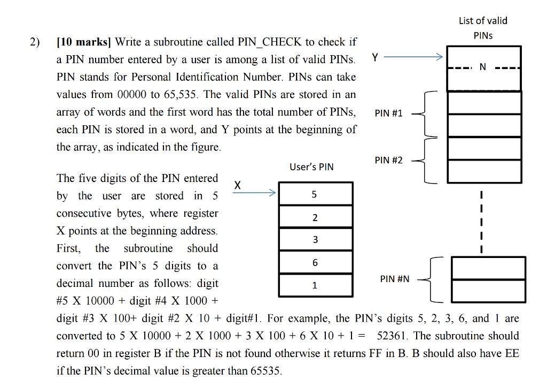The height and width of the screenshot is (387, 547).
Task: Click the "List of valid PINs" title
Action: (483, 28)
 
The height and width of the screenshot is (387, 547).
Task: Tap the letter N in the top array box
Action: (483, 67)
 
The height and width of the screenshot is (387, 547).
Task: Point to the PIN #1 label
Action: (389, 113)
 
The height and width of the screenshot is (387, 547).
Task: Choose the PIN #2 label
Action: (389, 160)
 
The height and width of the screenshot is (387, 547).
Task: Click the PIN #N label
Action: (395, 279)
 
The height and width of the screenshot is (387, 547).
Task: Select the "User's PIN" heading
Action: (311, 167)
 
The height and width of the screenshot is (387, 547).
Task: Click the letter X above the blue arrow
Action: (238, 185)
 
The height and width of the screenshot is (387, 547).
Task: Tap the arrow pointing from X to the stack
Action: (255, 193)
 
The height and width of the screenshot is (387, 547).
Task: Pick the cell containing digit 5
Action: (315, 194)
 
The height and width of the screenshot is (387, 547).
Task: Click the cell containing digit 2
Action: (315, 217)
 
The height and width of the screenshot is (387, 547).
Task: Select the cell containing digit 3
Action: (315, 239)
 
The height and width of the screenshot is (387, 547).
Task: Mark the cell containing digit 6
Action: (315, 262)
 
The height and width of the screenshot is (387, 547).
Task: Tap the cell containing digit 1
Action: (315, 285)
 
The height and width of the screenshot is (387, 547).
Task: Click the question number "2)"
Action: (35, 42)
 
